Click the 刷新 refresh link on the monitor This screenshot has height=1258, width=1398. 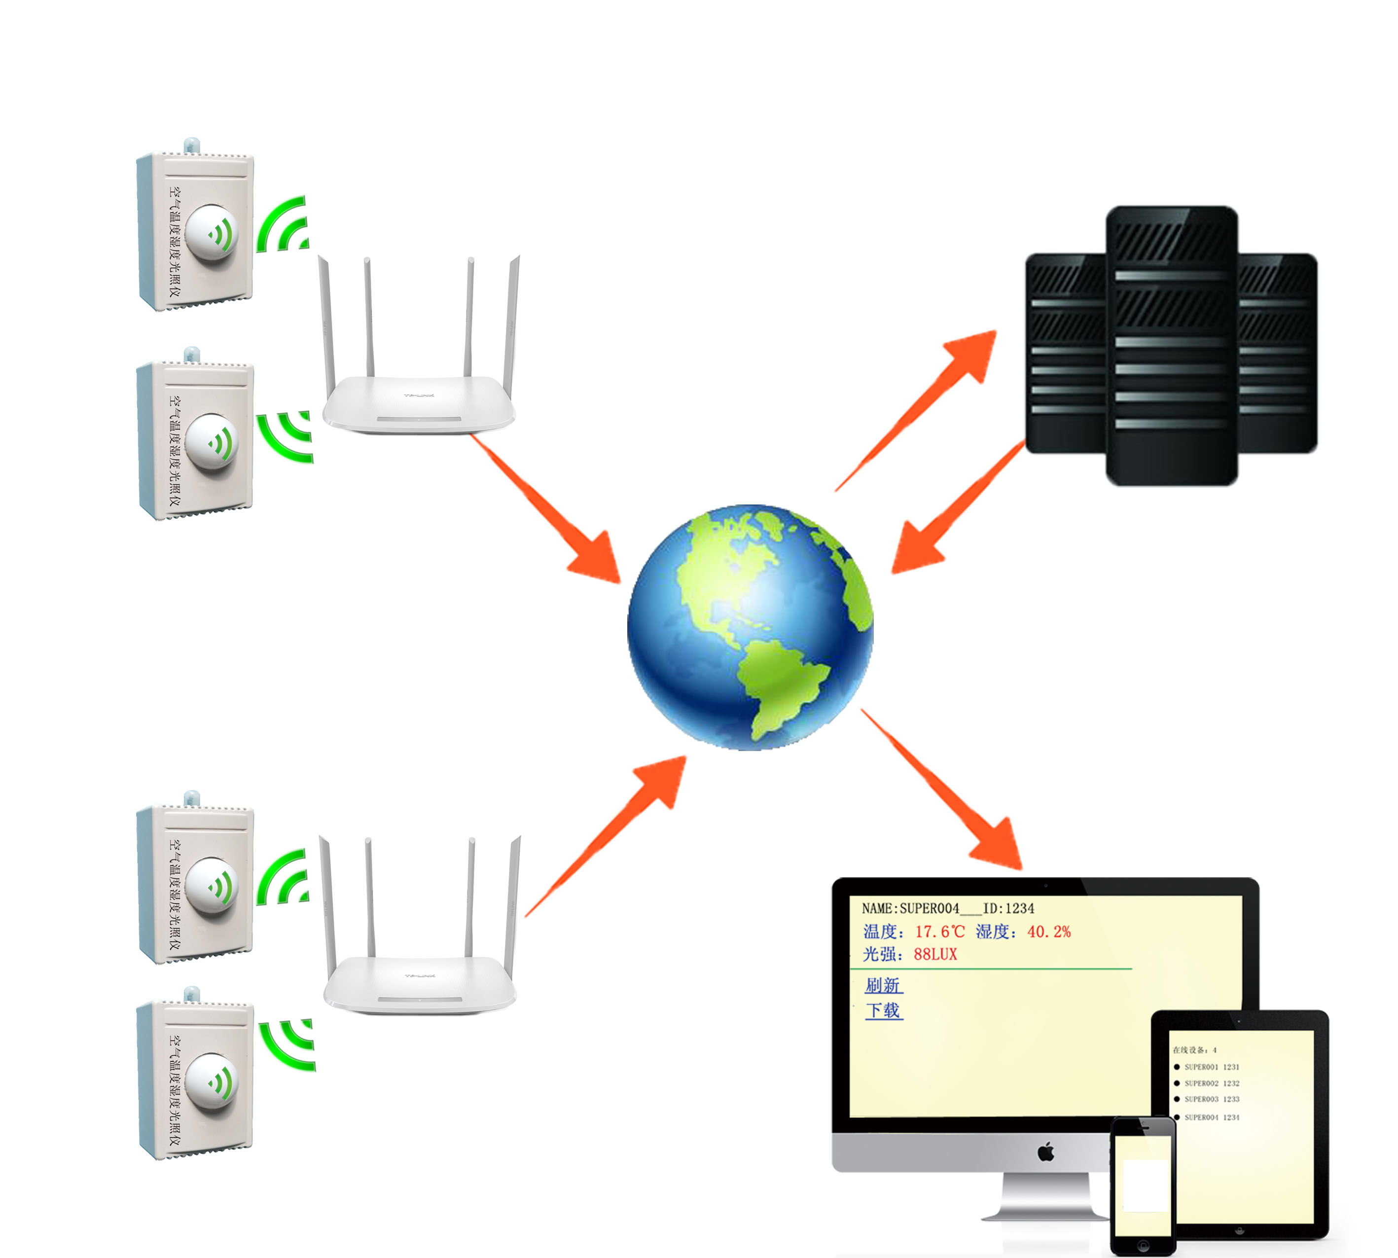tap(883, 985)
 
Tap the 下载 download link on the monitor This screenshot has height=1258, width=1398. tap(883, 1010)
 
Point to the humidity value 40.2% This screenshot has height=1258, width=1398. tap(1048, 932)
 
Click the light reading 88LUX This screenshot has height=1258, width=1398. tap(935, 955)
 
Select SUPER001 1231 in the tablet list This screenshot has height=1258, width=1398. tap(1211, 1067)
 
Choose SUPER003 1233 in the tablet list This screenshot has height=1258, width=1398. tap(1211, 1100)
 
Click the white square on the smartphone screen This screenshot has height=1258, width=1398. tap(1145, 1185)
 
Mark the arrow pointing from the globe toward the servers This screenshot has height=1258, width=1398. tap(919, 408)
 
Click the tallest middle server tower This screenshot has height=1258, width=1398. tap(1171, 346)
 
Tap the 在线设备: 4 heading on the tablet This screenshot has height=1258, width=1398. tap(1194, 1050)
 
